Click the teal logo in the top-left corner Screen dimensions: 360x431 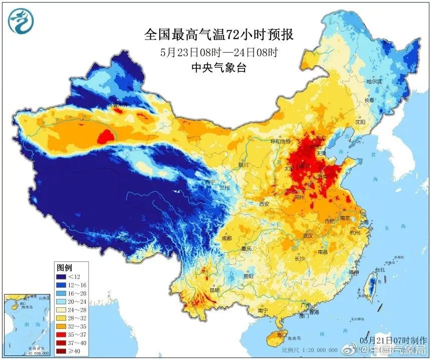pyautogui.click(x=21, y=21)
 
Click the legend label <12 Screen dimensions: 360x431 pyautogui.click(x=74, y=276)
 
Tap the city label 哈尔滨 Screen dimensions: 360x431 pyautogui.click(x=373, y=81)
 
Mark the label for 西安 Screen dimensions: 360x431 pyautogui.click(x=264, y=204)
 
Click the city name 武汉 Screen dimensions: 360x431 pyautogui.click(x=307, y=235)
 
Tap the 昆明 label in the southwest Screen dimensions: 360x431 pyautogui.click(x=214, y=289)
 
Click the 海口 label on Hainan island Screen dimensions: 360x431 pyautogui.click(x=282, y=334)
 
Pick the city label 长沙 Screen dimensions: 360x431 pyautogui.click(x=299, y=259)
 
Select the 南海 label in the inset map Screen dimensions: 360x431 pyautogui.click(x=17, y=325)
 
